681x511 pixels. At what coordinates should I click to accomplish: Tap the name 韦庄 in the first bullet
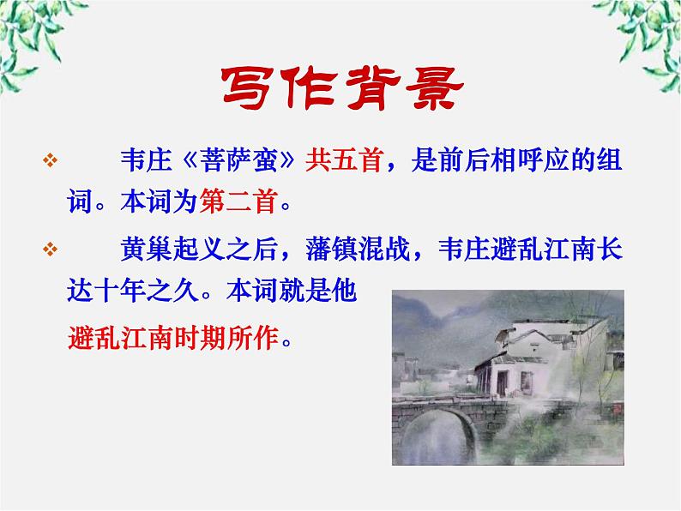click(x=144, y=162)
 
